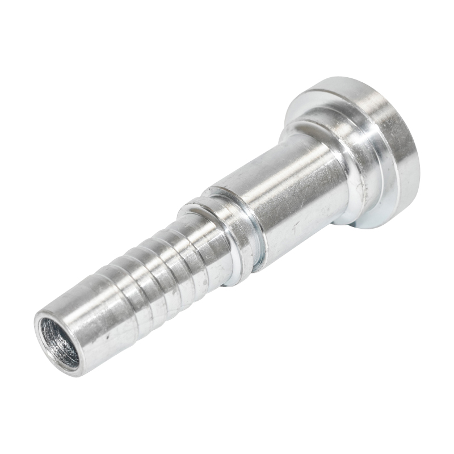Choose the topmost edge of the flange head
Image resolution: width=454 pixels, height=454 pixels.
click(x=340, y=78)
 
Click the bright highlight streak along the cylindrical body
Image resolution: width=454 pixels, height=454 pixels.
click(x=267, y=170)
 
